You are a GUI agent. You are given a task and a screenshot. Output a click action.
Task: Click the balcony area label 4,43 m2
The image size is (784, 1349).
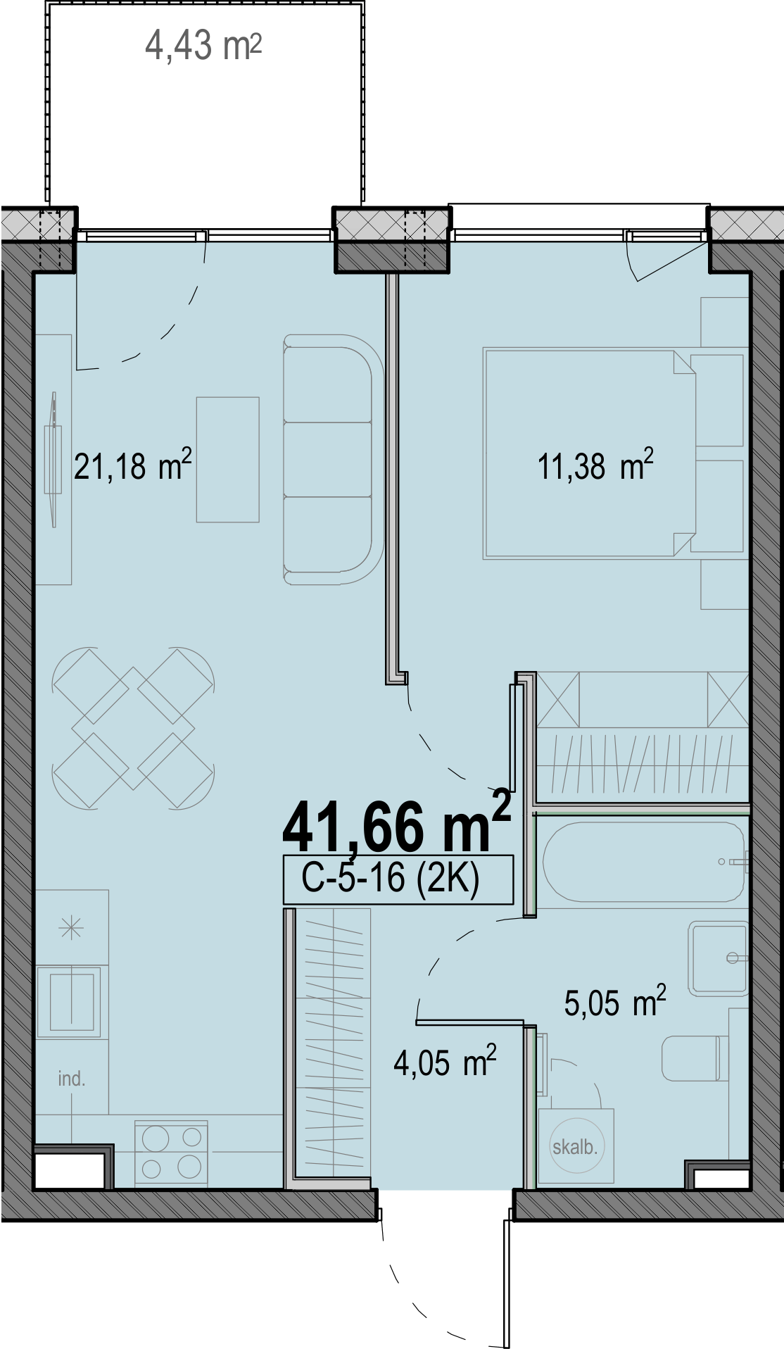(x=203, y=46)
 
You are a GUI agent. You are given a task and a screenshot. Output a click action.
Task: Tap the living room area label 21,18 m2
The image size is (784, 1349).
(x=133, y=465)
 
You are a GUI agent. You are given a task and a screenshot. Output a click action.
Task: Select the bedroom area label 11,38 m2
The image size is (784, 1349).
(x=595, y=465)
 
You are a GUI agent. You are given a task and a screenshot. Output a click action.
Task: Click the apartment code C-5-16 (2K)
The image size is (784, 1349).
(x=391, y=878)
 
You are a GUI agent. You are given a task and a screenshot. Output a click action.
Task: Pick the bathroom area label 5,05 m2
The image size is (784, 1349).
(x=615, y=1001)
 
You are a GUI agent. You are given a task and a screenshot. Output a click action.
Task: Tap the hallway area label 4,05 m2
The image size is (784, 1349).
(x=445, y=1062)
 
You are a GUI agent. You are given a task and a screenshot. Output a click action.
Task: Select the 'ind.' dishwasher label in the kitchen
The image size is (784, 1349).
(x=71, y=1079)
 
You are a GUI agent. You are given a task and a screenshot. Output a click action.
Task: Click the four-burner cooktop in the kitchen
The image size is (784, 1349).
(x=171, y=1154)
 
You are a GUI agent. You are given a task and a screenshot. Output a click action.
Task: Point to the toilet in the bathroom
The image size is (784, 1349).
(x=694, y=1058)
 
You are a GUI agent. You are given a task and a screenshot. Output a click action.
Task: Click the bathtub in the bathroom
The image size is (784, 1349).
(x=644, y=862)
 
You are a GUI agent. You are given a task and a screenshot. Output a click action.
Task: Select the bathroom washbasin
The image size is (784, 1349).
(x=718, y=958)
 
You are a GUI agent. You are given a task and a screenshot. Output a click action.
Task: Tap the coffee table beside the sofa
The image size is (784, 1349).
(x=228, y=460)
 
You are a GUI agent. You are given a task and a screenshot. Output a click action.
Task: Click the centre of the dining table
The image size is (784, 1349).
(x=133, y=727)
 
